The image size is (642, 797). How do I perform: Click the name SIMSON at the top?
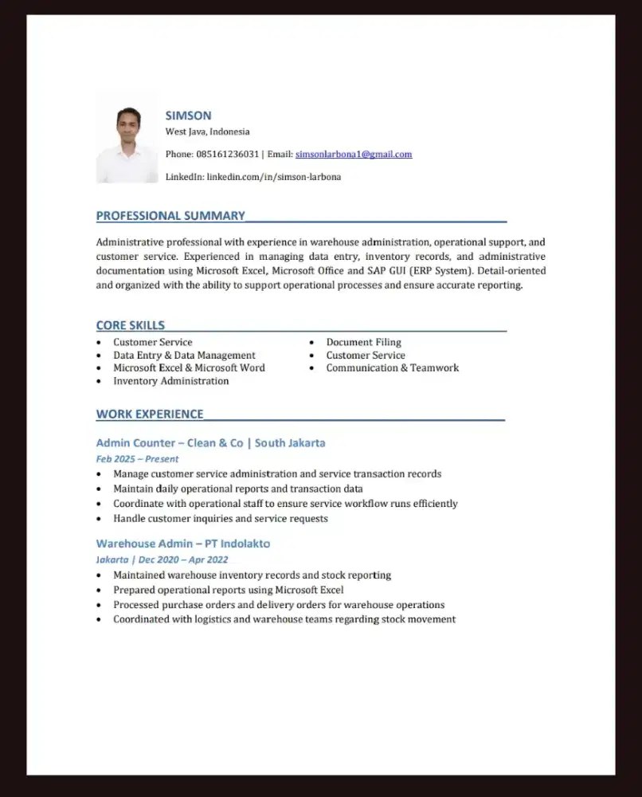coord(188,116)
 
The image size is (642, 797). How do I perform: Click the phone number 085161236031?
coord(228,154)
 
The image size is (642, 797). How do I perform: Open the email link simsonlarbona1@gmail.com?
coord(354,154)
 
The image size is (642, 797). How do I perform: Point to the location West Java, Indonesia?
coord(207,132)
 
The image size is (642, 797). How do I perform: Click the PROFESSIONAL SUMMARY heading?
coord(170,215)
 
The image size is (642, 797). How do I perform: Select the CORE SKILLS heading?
coord(131,325)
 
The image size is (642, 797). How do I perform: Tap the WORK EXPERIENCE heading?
coord(150,414)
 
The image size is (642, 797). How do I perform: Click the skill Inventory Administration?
coord(170,381)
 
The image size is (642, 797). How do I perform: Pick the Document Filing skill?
coord(363,342)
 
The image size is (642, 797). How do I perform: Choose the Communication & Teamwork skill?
coord(392,367)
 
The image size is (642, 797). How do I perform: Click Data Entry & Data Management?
coord(184,355)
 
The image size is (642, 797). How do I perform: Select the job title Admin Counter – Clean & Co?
coord(170,442)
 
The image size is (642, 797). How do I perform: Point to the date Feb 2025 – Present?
coord(137,459)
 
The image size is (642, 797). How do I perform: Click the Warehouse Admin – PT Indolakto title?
coord(182,544)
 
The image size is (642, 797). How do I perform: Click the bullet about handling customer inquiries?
coord(220,518)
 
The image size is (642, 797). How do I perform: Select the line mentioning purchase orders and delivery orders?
coord(279,604)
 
